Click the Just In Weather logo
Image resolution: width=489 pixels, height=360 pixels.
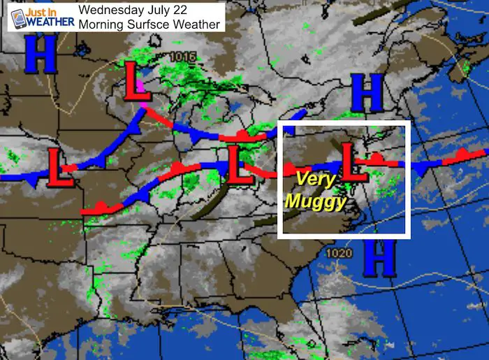(37, 17)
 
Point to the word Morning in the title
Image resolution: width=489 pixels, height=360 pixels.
(102, 24)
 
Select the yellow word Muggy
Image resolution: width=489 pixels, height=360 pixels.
(316, 203)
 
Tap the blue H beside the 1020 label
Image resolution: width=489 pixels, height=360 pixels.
(379, 259)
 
